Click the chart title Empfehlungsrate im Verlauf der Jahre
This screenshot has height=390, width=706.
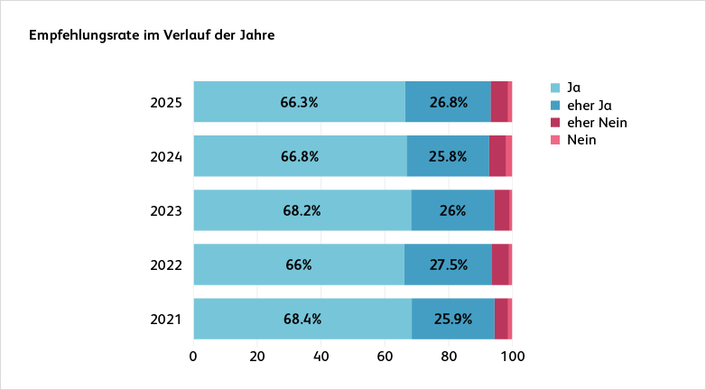[x=152, y=36]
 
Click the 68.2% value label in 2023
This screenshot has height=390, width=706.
[x=302, y=210]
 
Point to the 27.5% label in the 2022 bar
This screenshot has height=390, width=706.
[x=448, y=265]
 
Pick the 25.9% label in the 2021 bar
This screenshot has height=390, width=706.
[x=452, y=319]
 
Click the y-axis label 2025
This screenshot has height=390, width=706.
[x=166, y=102]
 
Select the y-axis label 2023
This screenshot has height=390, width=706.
[x=166, y=210]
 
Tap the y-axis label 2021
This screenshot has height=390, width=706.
[x=166, y=319]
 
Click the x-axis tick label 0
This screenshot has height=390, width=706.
[x=193, y=356]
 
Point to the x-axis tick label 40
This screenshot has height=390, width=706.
[x=321, y=356]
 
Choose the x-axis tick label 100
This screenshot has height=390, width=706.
[x=513, y=356]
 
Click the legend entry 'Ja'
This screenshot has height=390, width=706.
[x=573, y=88]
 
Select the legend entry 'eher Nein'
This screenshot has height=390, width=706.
[x=596, y=123]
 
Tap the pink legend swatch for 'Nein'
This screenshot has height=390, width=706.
[x=556, y=141]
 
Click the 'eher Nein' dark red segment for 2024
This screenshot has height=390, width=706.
[x=497, y=156]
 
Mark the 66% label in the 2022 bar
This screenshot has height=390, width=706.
[x=299, y=265]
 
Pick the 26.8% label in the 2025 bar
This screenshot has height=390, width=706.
[x=449, y=102]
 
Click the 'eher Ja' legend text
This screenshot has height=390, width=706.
[x=590, y=106]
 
